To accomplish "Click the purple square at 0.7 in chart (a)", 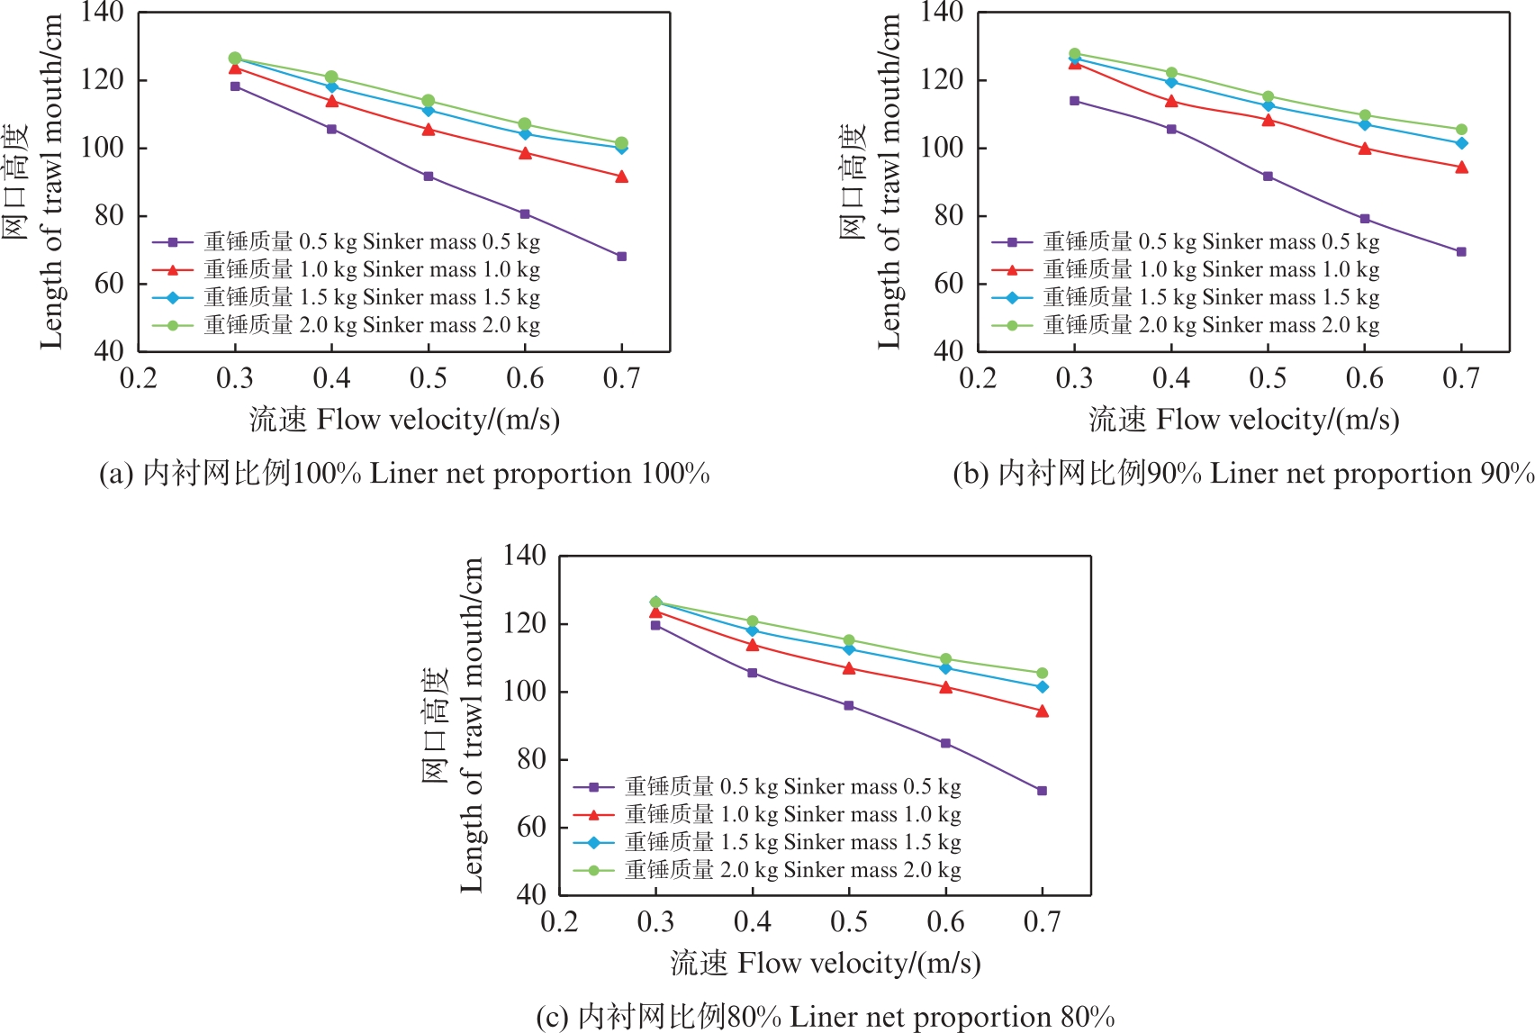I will (621, 257).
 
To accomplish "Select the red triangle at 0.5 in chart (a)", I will (429, 130).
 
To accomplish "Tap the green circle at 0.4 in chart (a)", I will (331, 77).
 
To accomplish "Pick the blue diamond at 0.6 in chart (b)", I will (1365, 124).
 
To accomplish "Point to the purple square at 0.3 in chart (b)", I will (1074, 101).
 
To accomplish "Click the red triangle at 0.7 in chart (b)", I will (1461, 168).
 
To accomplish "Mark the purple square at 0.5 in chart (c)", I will (849, 706).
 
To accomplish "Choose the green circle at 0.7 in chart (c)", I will (1043, 674).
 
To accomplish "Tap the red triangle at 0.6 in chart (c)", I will (945, 687).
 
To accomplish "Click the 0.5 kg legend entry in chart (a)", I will (346, 242).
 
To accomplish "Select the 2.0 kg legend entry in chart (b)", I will (1185, 325).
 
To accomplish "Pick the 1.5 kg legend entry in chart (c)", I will (767, 842).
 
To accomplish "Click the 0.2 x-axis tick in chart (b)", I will (978, 378).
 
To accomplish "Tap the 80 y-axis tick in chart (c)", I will (531, 759).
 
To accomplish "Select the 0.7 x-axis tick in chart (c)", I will (1043, 922).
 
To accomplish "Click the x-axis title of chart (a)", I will (404, 420).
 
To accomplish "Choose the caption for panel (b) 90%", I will (1243, 474).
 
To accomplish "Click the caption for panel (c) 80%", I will (825, 1017).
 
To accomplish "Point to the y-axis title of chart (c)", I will (455, 725).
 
